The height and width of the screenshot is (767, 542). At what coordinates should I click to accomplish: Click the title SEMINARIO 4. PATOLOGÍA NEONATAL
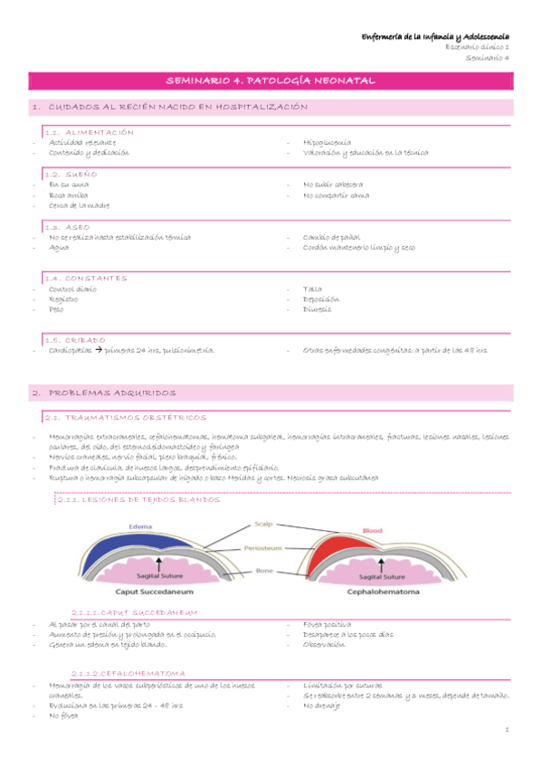271,82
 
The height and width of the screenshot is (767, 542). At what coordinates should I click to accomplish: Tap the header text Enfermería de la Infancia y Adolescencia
436,36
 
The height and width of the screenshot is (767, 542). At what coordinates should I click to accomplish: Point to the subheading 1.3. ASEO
68,227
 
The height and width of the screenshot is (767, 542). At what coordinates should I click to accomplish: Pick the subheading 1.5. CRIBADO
75,339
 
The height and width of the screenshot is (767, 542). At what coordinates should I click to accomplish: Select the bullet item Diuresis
318,309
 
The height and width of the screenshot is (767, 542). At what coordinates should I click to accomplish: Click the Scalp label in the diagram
262,524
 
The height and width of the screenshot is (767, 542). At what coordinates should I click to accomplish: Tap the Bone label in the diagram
263,571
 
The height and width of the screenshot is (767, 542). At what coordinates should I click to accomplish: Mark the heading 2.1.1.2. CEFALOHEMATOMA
130,673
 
